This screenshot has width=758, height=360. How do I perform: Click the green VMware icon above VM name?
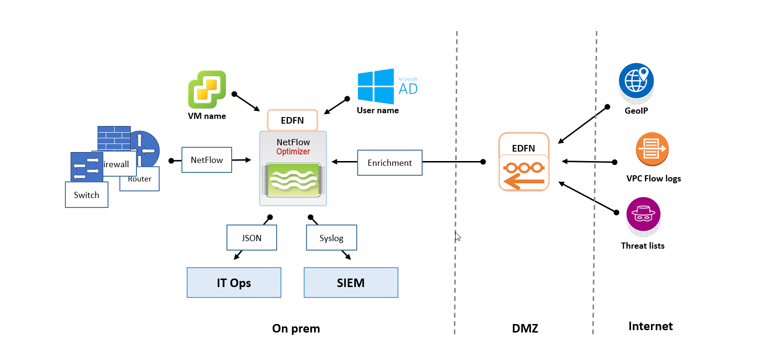pos(207,90)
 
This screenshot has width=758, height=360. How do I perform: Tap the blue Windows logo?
pos(376,86)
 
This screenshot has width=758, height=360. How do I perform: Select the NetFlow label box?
pos(207,160)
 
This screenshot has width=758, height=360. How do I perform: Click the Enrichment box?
pos(389,163)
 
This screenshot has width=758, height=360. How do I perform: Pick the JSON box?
pos(252,238)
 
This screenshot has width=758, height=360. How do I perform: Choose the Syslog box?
pos(331,238)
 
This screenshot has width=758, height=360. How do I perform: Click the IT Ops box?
pos(234,283)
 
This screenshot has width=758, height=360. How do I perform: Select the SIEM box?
pos(351,283)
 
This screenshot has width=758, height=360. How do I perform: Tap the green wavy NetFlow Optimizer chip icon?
pos(293,180)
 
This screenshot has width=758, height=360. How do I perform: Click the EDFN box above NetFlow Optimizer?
pos(292,120)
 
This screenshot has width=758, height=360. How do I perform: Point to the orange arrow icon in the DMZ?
pos(524,174)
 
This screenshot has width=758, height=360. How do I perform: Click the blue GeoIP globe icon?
pos(636,81)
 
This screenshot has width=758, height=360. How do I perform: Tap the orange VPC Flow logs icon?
pos(652,149)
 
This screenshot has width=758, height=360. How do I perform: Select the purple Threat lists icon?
pos(643,215)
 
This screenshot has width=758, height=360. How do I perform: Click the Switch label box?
pos(87,195)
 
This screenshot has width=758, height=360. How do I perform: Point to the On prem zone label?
pos(296,328)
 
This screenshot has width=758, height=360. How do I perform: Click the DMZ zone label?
pos(525,328)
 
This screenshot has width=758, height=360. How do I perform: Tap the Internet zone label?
pos(650,326)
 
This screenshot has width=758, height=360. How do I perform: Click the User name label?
pos(378,110)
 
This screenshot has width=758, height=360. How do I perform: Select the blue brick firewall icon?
pos(114,138)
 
